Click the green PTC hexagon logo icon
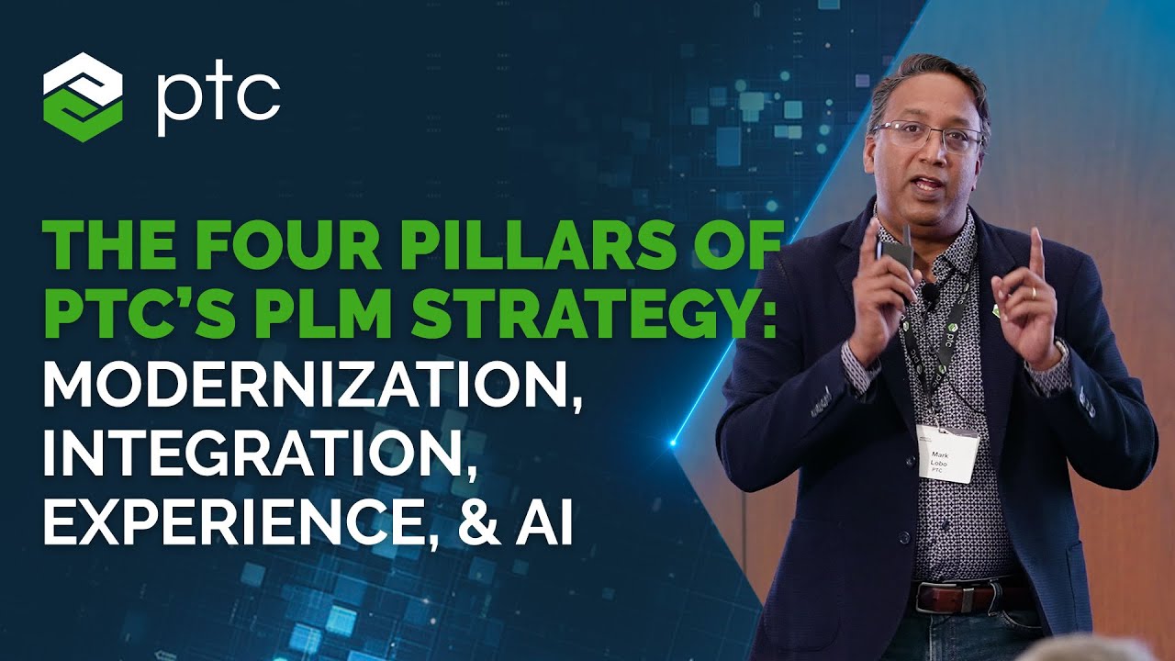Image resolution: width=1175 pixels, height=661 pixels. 83,96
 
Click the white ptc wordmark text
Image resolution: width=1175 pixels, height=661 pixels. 218,100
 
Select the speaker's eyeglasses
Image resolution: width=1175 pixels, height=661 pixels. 927,136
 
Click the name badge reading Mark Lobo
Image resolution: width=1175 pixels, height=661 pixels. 948,453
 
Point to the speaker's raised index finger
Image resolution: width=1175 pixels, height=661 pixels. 1035,252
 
